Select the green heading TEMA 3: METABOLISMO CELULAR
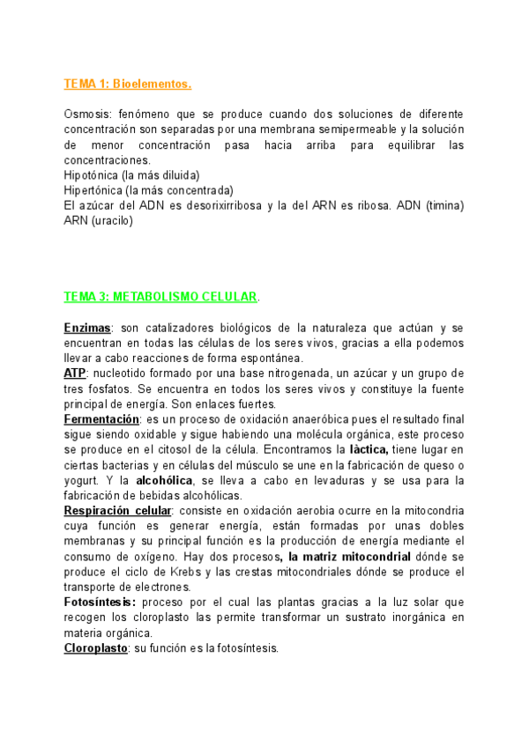pos(160,296)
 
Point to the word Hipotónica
pos(92,174)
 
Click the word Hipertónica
pos(93,189)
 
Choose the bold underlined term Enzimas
pos(86,328)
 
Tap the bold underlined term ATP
pos(74,373)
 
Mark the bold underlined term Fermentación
pos(101,419)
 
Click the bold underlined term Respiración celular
pos(117,510)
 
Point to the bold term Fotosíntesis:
pos(99,602)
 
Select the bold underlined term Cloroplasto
pos(95,647)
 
